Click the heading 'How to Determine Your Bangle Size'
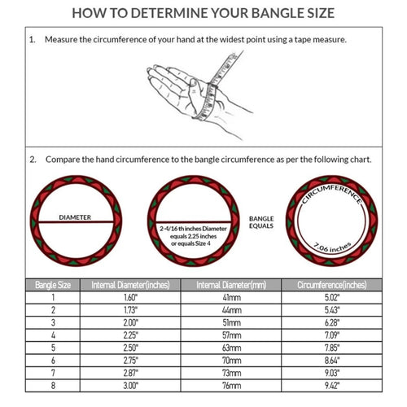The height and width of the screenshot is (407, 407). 203,14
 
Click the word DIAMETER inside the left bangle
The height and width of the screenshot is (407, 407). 74,217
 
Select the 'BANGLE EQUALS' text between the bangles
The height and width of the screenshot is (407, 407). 262,222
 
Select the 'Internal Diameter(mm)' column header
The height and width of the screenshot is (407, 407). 230,285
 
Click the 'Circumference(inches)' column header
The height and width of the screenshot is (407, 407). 331,285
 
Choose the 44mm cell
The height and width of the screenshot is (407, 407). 230,311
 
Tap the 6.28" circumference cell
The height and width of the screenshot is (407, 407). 331,323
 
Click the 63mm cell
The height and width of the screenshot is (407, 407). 230,348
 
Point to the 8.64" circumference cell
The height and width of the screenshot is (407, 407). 331,360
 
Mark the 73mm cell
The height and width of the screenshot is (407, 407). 230,372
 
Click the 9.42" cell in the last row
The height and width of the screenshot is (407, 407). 331,384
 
